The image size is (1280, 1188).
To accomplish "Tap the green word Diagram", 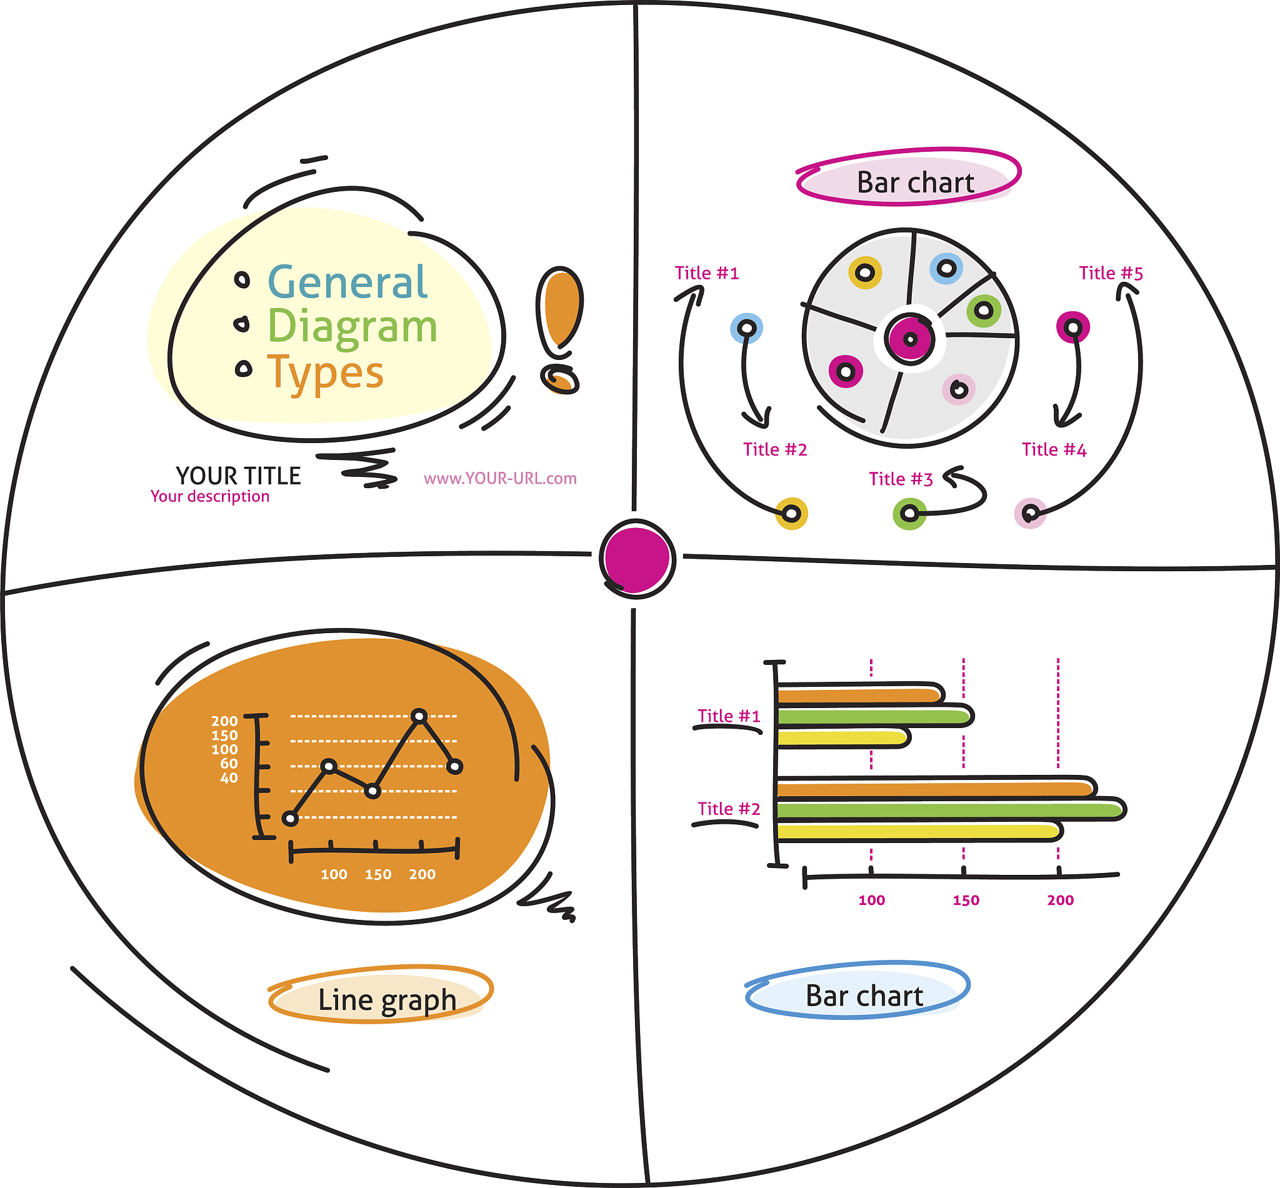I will (x=352, y=327).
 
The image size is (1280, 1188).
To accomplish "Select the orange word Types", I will (x=326, y=373).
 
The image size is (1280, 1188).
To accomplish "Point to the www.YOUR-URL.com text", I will (x=500, y=478).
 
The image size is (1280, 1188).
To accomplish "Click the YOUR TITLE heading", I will (x=239, y=476).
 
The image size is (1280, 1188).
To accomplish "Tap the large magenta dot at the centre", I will (x=636, y=558).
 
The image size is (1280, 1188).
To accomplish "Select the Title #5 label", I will (x=1111, y=273).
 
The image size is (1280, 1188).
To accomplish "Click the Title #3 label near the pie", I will (x=901, y=479).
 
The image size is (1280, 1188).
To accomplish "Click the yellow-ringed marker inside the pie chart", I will (x=865, y=273).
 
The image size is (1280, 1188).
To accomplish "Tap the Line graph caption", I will (x=387, y=1000).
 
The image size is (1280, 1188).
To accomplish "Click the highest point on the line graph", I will (x=419, y=716).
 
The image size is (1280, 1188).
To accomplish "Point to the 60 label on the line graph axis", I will (x=229, y=764).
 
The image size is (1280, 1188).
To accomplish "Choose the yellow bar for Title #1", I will (x=842, y=737).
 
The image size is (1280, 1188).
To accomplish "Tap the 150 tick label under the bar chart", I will (x=966, y=900).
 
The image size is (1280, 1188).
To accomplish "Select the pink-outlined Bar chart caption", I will (x=916, y=182).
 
